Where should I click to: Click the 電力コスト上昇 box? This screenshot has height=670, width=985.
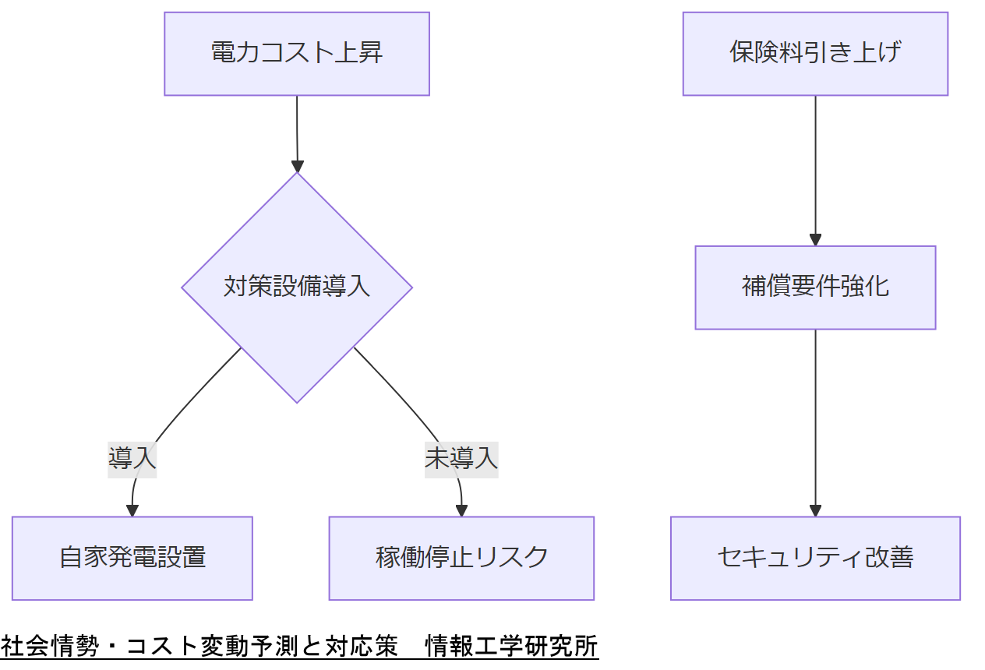[x=297, y=54]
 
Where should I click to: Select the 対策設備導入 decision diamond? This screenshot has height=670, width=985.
[x=297, y=287]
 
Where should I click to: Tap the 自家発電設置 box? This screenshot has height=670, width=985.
[x=132, y=558]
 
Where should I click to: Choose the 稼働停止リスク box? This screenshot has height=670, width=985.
[x=461, y=558]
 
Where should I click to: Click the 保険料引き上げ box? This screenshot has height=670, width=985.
[x=815, y=54]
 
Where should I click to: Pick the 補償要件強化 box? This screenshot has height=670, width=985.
[x=815, y=287]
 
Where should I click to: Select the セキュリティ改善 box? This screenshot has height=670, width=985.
[x=815, y=558]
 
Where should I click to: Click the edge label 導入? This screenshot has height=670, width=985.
[x=132, y=458]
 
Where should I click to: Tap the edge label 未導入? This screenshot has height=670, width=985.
[x=461, y=458]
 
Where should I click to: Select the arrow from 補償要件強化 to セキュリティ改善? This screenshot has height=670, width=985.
[x=815, y=421]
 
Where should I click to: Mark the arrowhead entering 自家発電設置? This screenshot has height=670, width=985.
[x=132, y=510]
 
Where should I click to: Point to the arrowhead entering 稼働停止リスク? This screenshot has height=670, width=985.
[x=461, y=510]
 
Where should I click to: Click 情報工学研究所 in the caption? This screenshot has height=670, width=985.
[x=511, y=647]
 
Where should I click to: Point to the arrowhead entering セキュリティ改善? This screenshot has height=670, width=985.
[x=815, y=510]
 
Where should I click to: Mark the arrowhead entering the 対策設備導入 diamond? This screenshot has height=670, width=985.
[x=297, y=166]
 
